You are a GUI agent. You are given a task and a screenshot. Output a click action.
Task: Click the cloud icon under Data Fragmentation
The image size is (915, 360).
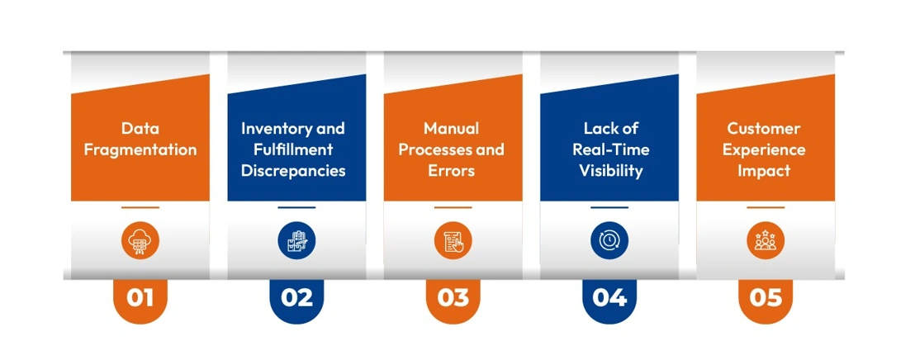tap(140, 240)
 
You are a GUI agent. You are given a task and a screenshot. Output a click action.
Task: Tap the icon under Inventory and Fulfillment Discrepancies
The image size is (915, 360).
tap(296, 240)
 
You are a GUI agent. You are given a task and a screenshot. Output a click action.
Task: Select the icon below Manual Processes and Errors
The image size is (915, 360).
tap(453, 240)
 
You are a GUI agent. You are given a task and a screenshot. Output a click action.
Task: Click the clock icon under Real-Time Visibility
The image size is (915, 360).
tap(609, 240)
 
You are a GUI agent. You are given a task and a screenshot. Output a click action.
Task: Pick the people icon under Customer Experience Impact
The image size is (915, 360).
tap(766, 240)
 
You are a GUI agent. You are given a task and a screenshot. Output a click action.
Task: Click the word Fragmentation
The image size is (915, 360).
tap(140, 150)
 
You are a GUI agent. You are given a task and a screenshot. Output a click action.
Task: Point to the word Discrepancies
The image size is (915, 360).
tap(293, 172)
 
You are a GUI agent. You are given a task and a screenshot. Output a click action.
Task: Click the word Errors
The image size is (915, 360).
tap(453, 172)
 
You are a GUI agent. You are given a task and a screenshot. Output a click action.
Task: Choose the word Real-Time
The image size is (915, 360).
tap(610, 150)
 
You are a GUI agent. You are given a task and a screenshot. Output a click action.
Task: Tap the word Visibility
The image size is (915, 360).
tap(610, 172)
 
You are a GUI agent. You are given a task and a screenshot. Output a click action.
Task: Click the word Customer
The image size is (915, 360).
tap(764, 129)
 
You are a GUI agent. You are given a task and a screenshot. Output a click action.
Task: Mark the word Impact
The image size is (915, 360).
tap(765, 172)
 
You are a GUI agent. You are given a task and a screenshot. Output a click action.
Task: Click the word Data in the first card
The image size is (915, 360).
tap(140, 129)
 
